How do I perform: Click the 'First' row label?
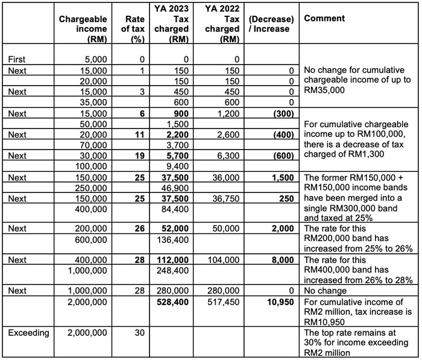pos(17,59)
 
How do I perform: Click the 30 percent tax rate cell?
pos(137,332)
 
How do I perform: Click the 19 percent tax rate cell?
pos(137,155)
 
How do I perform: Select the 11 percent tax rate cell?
pos(137,134)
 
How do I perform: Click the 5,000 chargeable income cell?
pos(97,59)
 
